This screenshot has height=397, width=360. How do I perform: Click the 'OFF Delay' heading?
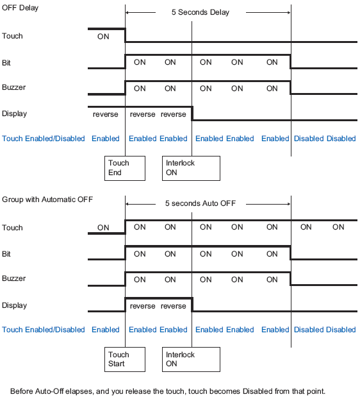(x=20, y=8)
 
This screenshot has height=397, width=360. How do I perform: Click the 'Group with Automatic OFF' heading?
(x=47, y=199)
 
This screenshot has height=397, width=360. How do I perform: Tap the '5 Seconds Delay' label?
(x=200, y=12)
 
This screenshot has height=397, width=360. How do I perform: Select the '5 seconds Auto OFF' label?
(x=200, y=203)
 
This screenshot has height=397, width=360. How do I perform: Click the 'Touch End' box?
(x=125, y=169)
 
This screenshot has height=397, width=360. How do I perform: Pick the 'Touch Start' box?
(x=125, y=360)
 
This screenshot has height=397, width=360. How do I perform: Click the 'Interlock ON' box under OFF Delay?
(x=191, y=169)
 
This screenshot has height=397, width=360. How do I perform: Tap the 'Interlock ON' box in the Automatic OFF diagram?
(x=191, y=360)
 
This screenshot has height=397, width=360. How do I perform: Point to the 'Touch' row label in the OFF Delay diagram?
(x=12, y=36)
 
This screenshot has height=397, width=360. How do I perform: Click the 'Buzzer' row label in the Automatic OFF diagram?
(x=14, y=278)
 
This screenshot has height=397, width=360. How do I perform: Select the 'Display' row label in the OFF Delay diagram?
(x=14, y=114)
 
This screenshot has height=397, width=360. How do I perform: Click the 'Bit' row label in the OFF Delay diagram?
(x=6, y=63)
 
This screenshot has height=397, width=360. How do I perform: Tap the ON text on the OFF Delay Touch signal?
(x=103, y=37)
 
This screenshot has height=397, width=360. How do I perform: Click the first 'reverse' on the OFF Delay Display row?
(x=106, y=114)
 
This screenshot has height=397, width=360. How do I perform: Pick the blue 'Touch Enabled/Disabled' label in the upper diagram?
(x=44, y=139)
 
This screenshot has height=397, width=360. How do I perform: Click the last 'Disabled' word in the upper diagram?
(x=341, y=139)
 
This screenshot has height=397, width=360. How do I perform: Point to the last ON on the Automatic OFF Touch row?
(x=338, y=227)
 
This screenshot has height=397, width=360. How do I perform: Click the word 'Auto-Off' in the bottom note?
(x=49, y=391)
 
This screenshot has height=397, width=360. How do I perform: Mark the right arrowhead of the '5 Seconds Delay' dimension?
(x=289, y=12)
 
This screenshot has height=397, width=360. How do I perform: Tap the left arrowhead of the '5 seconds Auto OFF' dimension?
(x=127, y=204)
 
